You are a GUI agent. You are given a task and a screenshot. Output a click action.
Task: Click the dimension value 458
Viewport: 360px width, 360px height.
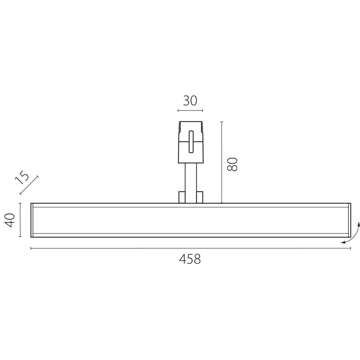pyautogui.click(x=190, y=259)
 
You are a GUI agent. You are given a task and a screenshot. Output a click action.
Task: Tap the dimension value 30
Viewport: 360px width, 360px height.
pyautogui.click(x=190, y=100)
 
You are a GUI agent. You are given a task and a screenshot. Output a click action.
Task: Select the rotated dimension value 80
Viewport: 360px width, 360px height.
pyautogui.click(x=232, y=164)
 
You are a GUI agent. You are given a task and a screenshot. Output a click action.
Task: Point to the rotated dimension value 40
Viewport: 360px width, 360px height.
pyautogui.click(x=9, y=220)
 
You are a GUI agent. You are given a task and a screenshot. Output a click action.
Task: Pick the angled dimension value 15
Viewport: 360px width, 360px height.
pyautogui.click(x=22, y=177)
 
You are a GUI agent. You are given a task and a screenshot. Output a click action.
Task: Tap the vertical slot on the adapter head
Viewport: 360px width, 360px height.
pyautogui.click(x=191, y=142)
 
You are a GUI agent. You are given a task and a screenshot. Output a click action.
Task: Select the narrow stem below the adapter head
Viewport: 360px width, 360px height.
pyautogui.click(x=191, y=183)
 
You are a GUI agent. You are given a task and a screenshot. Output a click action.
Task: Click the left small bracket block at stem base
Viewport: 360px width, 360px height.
pyautogui.click(x=182, y=197)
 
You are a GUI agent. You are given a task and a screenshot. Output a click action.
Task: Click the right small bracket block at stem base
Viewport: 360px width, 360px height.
pyautogui.click(x=200, y=197)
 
